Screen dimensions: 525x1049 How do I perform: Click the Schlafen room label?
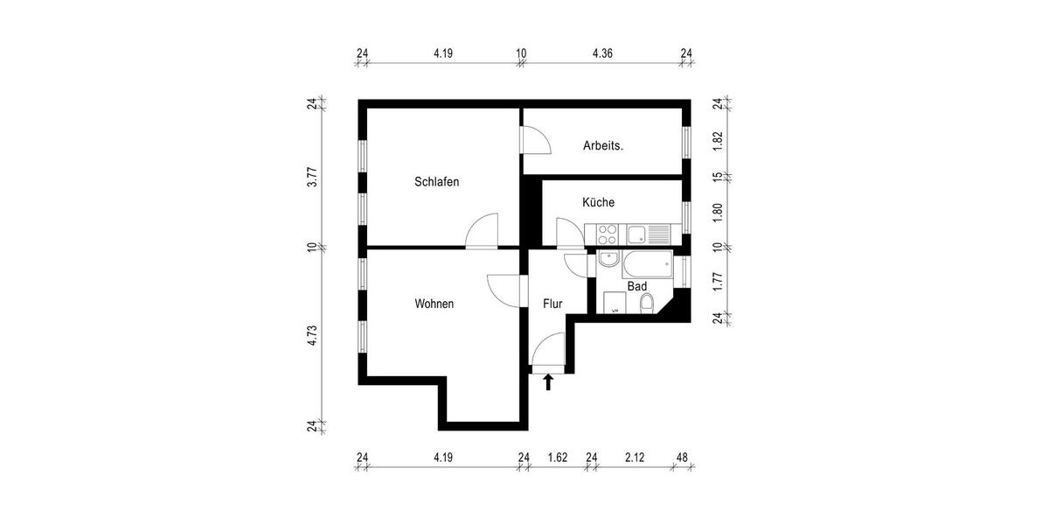[x=437, y=182]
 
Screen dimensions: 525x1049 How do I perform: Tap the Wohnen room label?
[x=434, y=304]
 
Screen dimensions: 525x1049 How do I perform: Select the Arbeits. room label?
[x=603, y=146]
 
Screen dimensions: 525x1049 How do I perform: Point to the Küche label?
[x=599, y=202]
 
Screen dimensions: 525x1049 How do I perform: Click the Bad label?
[x=636, y=286]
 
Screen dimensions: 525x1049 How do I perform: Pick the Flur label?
[x=552, y=304]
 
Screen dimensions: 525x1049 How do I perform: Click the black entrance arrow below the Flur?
[x=548, y=381]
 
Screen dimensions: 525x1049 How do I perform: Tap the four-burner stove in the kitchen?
[x=607, y=234]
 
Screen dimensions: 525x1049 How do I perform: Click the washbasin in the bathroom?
[x=608, y=261]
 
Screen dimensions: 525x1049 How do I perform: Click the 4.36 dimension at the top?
[x=602, y=53]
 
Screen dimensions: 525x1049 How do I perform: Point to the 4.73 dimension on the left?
[x=311, y=337]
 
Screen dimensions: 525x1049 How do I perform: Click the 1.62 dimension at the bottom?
[x=557, y=457]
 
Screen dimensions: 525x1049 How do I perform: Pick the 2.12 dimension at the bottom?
[x=636, y=457]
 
